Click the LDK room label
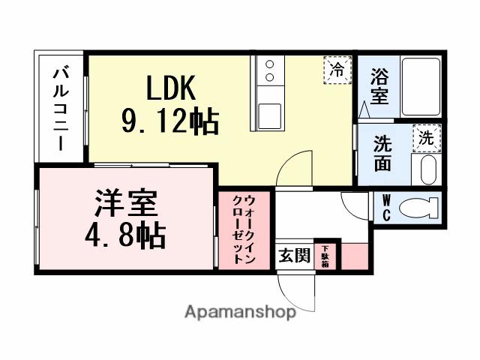(x=170, y=88)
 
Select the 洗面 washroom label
(x=382, y=153)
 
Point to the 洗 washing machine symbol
(x=426, y=137)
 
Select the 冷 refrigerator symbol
(x=337, y=70)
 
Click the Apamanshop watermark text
(x=240, y=311)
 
